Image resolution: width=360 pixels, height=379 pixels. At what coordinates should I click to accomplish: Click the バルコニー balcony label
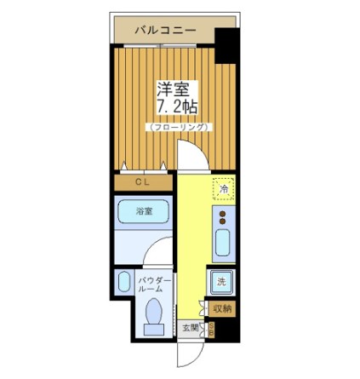click(x=165, y=32)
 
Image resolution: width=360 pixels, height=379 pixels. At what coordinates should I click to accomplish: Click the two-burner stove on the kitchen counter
click(x=224, y=216)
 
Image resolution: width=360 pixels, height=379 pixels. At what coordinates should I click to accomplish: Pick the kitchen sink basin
click(x=223, y=243)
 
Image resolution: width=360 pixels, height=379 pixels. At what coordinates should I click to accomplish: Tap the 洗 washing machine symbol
click(x=221, y=282)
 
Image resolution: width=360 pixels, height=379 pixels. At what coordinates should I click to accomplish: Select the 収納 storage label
click(x=222, y=308)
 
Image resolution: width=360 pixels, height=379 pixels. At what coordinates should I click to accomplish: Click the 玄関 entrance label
click(x=190, y=327)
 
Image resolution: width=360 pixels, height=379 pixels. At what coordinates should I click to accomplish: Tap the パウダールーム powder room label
click(x=155, y=284)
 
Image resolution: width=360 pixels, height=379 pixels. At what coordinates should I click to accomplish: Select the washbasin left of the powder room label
click(x=125, y=283)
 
